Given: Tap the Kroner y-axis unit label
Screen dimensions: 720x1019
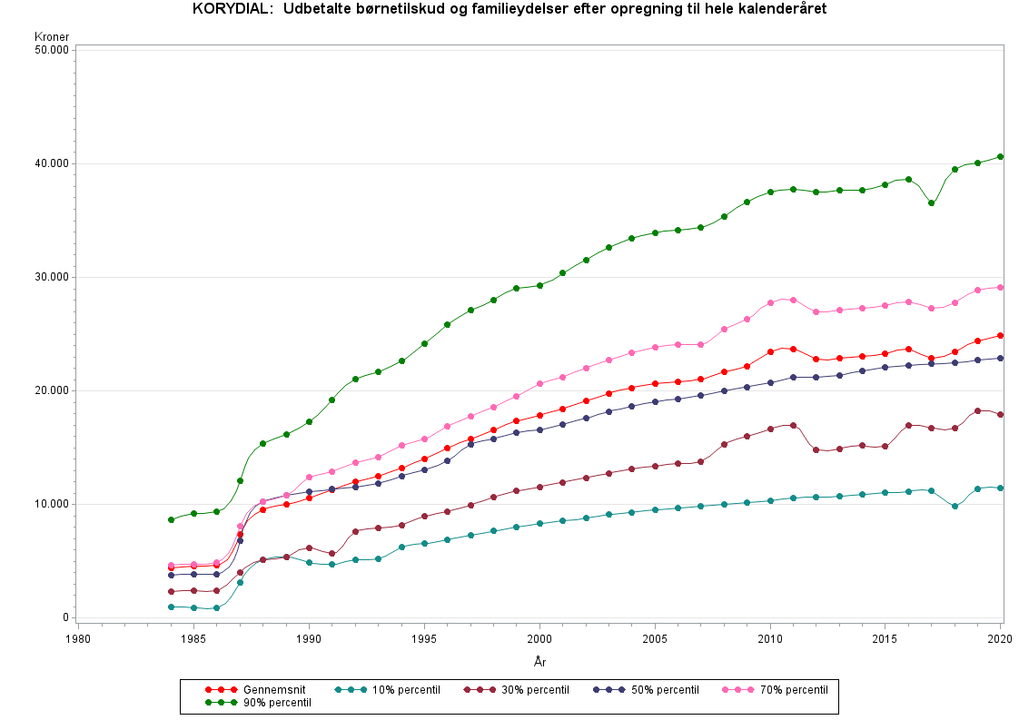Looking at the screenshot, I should (52, 37).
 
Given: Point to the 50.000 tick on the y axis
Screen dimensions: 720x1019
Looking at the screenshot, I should (52, 50).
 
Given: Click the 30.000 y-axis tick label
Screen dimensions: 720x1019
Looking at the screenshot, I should (52, 277).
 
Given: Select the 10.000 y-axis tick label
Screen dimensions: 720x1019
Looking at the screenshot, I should (52, 504).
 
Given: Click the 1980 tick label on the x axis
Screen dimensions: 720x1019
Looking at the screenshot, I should (78, 639).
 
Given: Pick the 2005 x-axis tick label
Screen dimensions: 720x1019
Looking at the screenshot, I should (655, 639).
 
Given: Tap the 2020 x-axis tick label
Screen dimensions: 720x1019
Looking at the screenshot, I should (1000, 639).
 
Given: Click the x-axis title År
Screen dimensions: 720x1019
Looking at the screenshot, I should (539, 662).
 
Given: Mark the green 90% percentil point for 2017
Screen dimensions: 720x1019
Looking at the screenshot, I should (931, 203).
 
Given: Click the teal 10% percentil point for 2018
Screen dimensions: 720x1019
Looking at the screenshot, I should (955, 506).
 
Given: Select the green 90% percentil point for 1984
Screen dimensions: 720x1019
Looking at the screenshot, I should (171, 519).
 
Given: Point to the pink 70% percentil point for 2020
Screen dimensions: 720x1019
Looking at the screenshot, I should (1000, 287).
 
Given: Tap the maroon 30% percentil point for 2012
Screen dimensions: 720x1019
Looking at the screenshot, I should (816, 449).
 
